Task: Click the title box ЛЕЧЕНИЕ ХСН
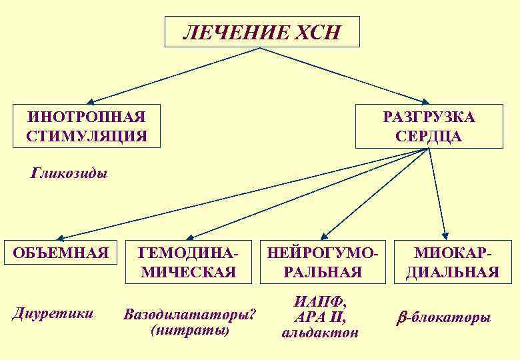(261, 32)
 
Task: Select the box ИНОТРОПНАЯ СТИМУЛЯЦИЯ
(87, 126)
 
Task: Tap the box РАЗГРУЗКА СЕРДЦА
(428, 126)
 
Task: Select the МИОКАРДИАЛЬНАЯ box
(457, 261)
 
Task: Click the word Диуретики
(53, 313)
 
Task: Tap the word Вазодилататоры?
(190, 313)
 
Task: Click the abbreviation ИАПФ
(320, 301)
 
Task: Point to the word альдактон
(320, 332)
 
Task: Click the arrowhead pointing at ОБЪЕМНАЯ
(60, 237)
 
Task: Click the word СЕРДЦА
(428, 136)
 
